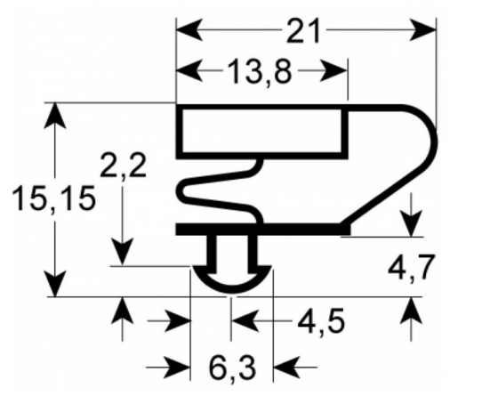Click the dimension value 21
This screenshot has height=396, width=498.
302,30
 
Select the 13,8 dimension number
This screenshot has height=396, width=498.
260,72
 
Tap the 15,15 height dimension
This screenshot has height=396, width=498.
53,198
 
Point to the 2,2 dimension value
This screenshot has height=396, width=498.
123,165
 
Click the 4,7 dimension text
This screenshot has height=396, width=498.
411,268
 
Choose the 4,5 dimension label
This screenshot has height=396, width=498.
321,320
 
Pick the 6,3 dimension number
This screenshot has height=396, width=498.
232,368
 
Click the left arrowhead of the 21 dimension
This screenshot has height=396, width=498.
189,30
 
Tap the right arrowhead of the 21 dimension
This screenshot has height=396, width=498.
423,30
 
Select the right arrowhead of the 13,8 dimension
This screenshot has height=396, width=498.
334,70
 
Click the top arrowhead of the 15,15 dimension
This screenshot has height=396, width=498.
55,115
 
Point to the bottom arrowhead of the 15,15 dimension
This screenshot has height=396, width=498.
55,284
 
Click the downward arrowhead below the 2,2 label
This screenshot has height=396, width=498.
123,253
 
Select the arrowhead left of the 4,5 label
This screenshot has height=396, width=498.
245,321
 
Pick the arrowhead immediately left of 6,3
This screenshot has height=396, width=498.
177,368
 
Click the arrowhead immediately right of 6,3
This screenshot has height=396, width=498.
286,368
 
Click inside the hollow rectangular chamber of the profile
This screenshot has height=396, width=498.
261,131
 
